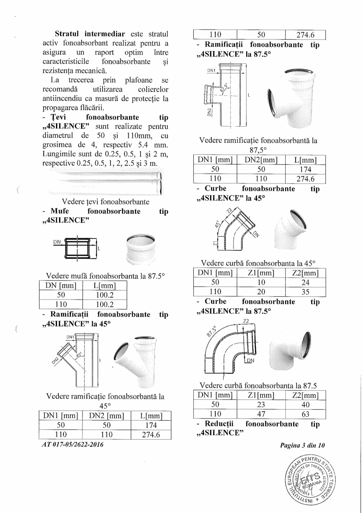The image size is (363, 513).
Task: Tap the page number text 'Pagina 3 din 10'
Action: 302,446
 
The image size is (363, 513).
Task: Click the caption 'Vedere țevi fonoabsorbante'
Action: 105,202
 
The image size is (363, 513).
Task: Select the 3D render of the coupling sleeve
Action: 140,249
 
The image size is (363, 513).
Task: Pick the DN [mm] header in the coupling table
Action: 61,285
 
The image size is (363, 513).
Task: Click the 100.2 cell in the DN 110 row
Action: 105,304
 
